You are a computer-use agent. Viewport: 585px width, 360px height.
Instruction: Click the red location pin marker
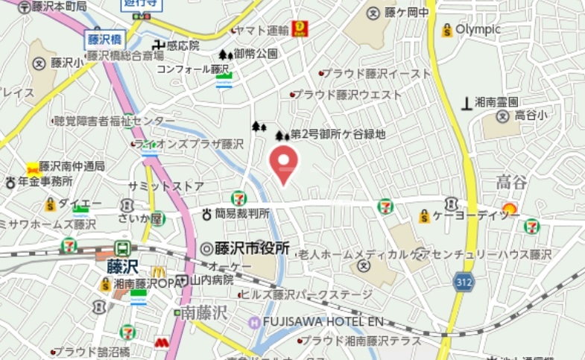(x=283, y=162)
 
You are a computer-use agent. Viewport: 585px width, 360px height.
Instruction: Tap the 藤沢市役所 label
(x=252, y=249)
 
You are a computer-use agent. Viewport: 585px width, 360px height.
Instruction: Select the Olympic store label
(x=478, y=30)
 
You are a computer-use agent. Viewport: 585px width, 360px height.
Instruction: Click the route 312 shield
(x=462, y=281)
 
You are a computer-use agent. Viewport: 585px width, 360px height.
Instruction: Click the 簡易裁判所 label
(x=242, y=214)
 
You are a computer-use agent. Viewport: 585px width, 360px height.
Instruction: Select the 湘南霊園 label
(x=497, y=101)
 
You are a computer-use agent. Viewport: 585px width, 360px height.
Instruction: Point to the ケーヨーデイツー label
(x=477, y=215)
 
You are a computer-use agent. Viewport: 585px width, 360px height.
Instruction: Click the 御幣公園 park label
(x=255, y=54)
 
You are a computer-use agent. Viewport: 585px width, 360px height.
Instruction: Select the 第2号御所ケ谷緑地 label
(x=338, y=135)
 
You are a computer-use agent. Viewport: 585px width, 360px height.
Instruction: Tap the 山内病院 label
(x=212, y=280)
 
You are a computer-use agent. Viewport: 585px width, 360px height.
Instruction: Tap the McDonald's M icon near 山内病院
(x=159, y=272)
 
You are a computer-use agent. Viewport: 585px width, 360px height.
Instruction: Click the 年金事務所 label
(x=45, y=181)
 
